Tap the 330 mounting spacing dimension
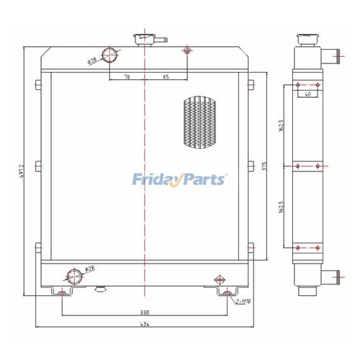coord(144,312)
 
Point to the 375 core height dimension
coord(264,167)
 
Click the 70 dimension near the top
coord(127,76)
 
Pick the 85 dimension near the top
coord(166,76)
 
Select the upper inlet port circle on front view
coord(110,55)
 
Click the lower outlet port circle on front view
coord(73,274)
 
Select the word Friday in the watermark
coord(156,179)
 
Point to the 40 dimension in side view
coord(307,94)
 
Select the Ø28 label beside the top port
coord(92,60)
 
